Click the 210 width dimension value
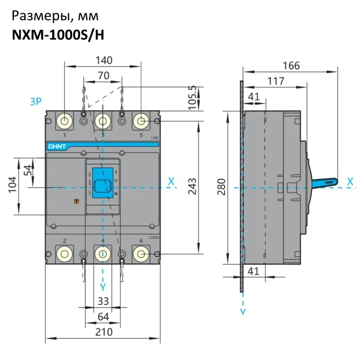103,332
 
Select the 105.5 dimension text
193,98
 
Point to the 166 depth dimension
291,65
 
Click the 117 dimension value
275,81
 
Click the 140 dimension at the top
103,60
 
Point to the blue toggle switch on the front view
103,183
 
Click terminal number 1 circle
65,121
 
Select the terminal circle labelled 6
141,255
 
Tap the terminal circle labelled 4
103,255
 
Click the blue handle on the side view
325,182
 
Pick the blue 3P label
36,102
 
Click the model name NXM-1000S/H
58,35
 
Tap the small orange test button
76,202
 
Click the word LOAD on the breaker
154,237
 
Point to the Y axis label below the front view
103,286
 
